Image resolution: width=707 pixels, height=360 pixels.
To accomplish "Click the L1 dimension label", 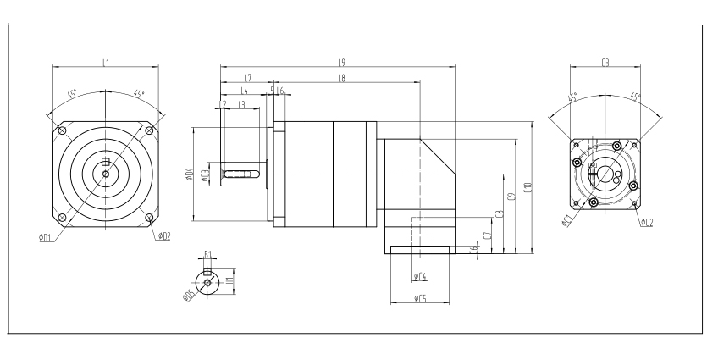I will point(104,62).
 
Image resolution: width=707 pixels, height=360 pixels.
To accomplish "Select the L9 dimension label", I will point(340,62).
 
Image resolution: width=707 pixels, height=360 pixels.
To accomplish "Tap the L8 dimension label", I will point(340,78).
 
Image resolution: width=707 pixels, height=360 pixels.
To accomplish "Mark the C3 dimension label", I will point(605,62).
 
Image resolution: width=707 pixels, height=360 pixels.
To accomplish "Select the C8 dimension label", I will point(500,215).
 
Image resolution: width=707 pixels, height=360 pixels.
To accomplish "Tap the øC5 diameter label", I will point(421,298).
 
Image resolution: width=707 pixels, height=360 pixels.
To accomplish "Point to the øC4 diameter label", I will point(421,276).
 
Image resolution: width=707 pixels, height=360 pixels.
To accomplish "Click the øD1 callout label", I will point(45,237).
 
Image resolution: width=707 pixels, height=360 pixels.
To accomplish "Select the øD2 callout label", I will point(163,236).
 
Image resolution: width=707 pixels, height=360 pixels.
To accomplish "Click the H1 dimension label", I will point(229,277).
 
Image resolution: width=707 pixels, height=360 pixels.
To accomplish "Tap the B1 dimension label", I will point(207,254).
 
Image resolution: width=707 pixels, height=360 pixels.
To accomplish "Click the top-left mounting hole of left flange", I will point(61,131).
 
